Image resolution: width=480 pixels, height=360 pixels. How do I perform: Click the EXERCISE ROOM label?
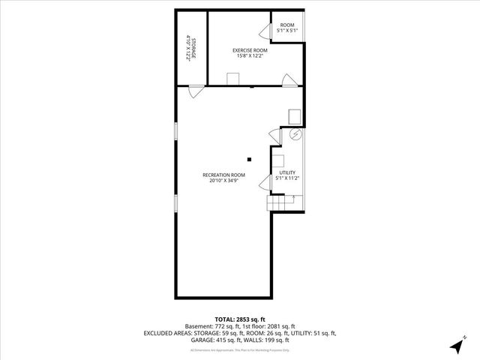[x=250, y=50]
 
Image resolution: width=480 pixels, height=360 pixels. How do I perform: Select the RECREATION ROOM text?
[x=223, y=175]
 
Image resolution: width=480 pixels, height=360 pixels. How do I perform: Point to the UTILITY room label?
[x=288, y=173]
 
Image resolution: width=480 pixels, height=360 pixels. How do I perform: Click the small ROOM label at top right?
[x=287, y=25]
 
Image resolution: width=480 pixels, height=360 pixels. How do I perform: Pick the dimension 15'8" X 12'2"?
[x=250, y=56]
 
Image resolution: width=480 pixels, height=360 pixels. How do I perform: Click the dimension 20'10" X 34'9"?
[x=223, y=181]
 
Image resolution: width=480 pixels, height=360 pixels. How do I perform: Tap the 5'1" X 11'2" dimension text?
[x=288, y=178]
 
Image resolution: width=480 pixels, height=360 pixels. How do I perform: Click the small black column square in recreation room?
[x=250, y=158]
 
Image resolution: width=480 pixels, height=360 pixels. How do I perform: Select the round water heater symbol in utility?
[x=295, y=135]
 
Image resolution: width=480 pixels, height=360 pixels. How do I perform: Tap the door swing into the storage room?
[x=196, y=91]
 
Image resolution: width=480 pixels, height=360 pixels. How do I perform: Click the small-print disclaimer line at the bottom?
[x=240, y=349]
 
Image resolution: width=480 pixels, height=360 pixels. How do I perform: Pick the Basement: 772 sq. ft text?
[x=211, y=326]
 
